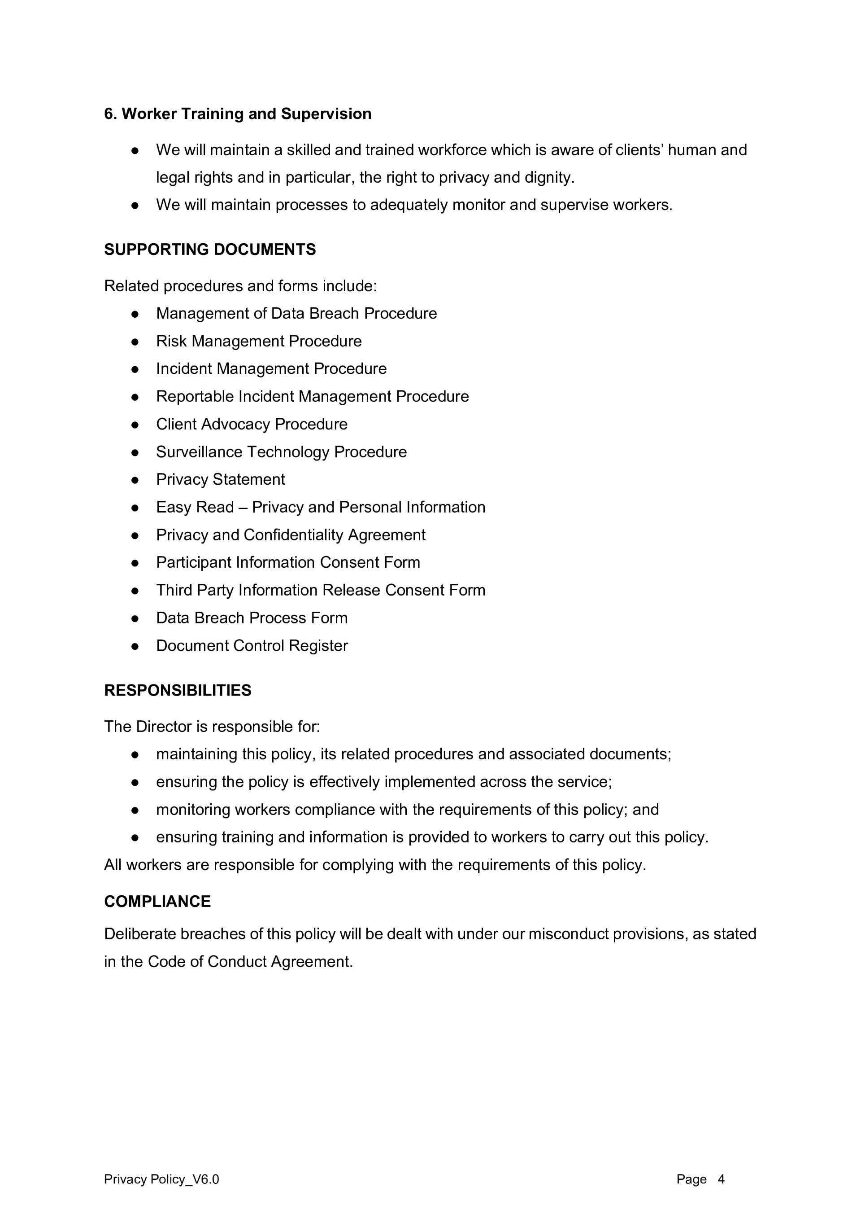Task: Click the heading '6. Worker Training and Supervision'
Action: (238, 114)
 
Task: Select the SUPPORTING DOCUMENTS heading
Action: (210, 250)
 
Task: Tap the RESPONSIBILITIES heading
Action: (178, 690)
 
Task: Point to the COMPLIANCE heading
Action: (157, 901)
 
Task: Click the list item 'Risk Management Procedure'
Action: (259, 341)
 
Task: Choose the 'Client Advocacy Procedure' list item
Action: (252, 425)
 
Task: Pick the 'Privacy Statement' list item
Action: (221, 480)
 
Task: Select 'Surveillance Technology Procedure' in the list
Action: (282, 452)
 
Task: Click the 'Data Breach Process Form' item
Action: (252, 618)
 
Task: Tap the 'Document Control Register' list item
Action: (252, 646)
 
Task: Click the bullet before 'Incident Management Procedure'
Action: (135, 369)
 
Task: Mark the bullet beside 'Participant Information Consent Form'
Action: (135, 563)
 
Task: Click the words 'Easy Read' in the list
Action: (195, 508)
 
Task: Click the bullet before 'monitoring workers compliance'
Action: (135, 810)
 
